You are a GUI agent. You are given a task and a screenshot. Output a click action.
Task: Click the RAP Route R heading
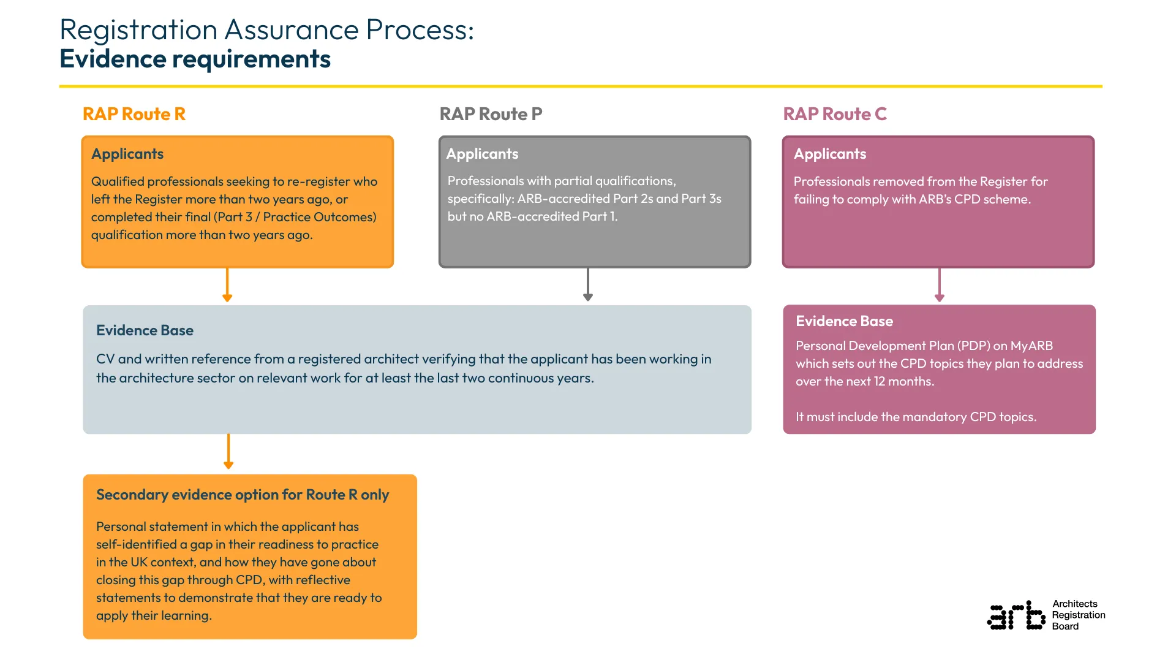[134, 114]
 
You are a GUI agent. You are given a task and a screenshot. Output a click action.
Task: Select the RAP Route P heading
[491, 114]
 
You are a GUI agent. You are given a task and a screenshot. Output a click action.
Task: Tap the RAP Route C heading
[834, 114]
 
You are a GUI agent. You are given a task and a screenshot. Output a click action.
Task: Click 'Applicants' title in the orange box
[127, 154]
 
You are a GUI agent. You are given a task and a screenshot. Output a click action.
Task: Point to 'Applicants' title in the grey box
[482, 154]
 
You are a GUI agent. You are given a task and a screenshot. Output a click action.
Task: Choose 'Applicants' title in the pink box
[830, 154]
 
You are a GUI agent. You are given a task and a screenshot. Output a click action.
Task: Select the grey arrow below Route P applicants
[588, 285]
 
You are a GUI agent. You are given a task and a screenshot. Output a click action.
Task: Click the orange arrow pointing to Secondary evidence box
[228, 452]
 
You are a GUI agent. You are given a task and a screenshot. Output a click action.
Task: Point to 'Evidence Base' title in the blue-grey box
[145, 330]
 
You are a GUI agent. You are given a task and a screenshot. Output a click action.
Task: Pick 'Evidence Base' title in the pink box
[844, 321]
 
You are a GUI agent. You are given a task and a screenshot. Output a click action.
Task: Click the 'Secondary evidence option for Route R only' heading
[243, 495]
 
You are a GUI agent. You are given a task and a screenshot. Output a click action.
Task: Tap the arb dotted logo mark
[1016, 615]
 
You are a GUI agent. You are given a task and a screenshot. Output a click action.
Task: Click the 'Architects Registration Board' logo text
[1078, 615]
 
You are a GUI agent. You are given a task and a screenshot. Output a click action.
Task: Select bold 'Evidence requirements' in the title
[195, 59]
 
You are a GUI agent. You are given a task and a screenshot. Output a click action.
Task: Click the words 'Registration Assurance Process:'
[267, 29]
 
